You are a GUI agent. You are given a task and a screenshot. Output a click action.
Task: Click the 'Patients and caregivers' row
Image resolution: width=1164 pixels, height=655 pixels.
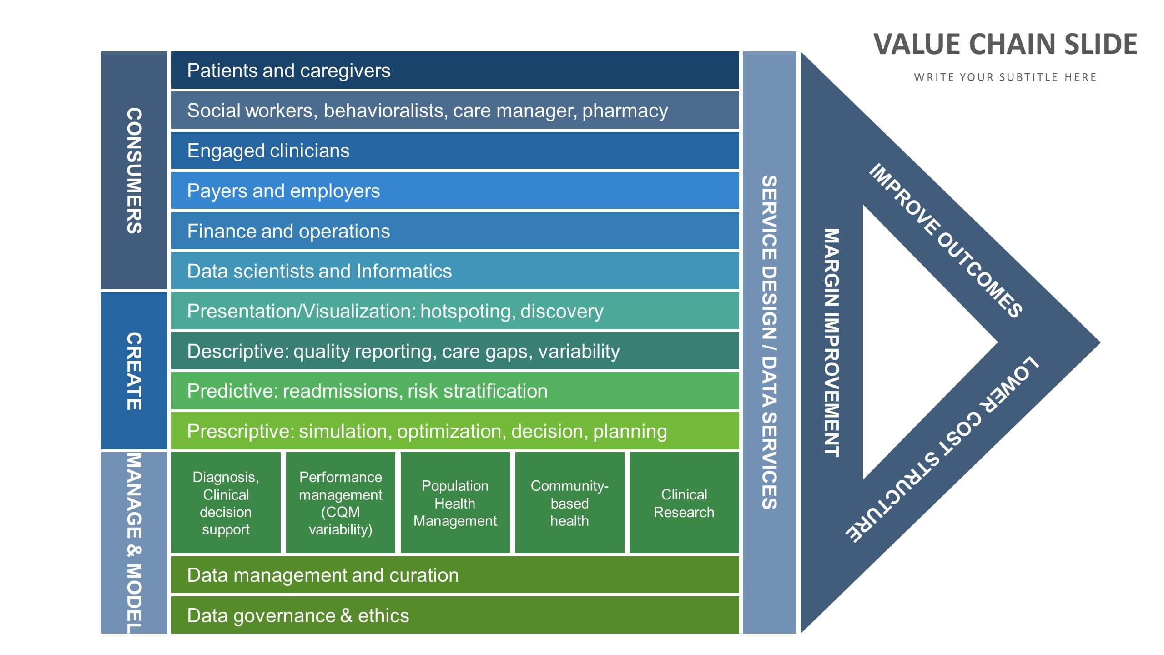(x=455, y=70)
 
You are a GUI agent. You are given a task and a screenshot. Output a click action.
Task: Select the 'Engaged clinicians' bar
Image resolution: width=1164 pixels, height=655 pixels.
(x=455, y=151)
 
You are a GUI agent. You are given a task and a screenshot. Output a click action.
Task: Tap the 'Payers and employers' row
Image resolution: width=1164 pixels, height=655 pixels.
(x=455, y=191)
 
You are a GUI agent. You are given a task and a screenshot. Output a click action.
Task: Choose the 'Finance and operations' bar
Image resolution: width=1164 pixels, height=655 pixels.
(x=455, y=231)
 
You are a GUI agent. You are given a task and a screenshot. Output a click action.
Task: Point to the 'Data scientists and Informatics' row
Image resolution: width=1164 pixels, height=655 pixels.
(x=455, y=271)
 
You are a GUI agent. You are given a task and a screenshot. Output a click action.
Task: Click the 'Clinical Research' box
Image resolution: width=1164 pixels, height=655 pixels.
(x=684, y=503)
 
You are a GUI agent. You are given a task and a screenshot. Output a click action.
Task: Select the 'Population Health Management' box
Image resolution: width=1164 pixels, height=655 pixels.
(x=455, y=503)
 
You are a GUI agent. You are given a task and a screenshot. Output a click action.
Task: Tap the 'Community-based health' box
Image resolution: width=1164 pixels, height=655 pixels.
(x=569, y=503)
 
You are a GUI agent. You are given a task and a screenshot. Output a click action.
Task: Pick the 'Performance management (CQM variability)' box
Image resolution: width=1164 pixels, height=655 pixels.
(x=340, y=503)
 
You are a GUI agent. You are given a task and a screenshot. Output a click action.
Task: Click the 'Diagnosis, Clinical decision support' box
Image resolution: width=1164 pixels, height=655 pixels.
(x=226, y=503)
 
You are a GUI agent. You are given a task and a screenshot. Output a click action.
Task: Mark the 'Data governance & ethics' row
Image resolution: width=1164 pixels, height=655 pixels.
(x=455, y=615)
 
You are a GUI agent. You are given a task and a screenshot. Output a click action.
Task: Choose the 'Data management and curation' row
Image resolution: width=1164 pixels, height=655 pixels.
(x=455, y=575)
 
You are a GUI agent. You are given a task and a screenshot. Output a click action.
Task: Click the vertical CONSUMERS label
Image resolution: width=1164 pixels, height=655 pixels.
(x=134, y=171)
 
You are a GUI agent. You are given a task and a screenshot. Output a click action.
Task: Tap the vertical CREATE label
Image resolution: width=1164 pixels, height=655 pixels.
(x=134, y=371)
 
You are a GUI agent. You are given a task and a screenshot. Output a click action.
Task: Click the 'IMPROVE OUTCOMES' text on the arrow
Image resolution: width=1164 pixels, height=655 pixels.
(x=945, y=240)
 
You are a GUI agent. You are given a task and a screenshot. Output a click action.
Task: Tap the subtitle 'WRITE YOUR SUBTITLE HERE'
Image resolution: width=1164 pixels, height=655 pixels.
(x=1005, y=77)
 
